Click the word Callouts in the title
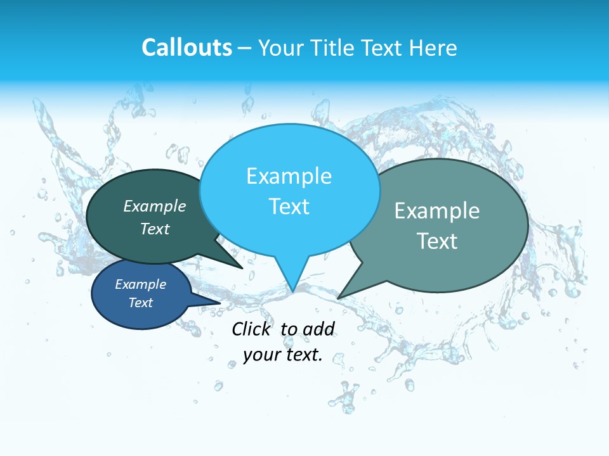point(187,47)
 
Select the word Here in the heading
point(433,47)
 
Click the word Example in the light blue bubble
point(289,176)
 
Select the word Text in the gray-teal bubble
point(437,241)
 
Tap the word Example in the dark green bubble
point(155,206)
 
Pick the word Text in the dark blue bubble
point(141,303)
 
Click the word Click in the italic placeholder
point(252,329)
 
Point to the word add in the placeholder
point(318,329)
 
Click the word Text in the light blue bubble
point(289,206)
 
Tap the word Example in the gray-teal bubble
point(437,211)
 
